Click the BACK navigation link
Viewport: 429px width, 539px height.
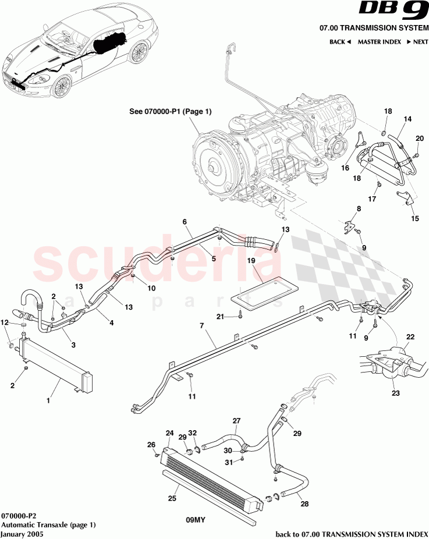click(x=340, y=42)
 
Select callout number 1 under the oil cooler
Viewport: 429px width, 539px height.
click(x=49, y=400)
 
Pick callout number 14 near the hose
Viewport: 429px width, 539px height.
click(x=407, y=119)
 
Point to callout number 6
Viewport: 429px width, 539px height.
click(x=184, y=222)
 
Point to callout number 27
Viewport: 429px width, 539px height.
click(x=236, y=420)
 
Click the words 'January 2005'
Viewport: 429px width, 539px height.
click(x=22, y=534)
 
